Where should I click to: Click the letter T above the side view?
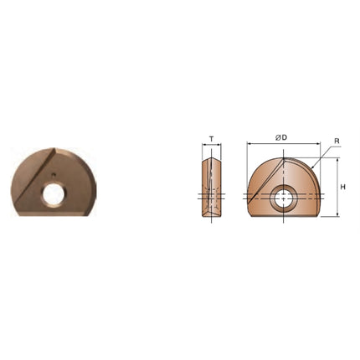(x=212, y=139)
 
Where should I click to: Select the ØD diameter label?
(x=281, y=137)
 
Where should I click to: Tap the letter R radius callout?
(x=337, y=141)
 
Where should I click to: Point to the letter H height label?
(x=343, y=188)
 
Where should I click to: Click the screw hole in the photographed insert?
(x=54, y=194)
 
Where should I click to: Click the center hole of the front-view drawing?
(x=283, y=198)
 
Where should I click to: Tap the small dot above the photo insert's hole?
(x=54, y=175)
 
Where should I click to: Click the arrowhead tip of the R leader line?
(x=311, y=169)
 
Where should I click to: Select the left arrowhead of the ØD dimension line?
(x=249, y=144)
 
